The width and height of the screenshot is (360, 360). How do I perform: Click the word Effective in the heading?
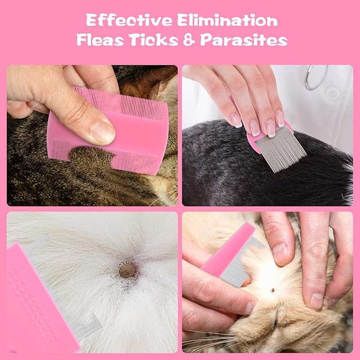(x=127, y=21)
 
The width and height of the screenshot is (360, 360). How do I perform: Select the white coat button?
(x=332, y=94)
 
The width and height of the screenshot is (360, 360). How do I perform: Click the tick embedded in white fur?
(x=127, y=270)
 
